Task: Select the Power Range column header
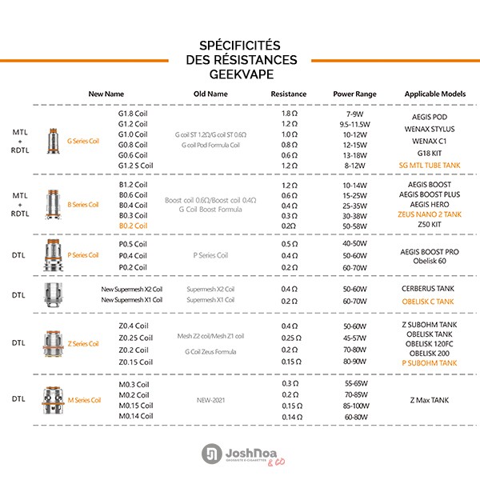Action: point(354,94)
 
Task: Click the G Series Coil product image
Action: point(54,140)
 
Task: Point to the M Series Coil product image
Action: point(53,398)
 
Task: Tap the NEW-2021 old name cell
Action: point(211,399)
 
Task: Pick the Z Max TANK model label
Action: point(431,399)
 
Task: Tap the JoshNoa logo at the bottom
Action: point(240,454)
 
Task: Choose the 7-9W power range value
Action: point(354,114)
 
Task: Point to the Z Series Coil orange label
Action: point(83,343)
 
